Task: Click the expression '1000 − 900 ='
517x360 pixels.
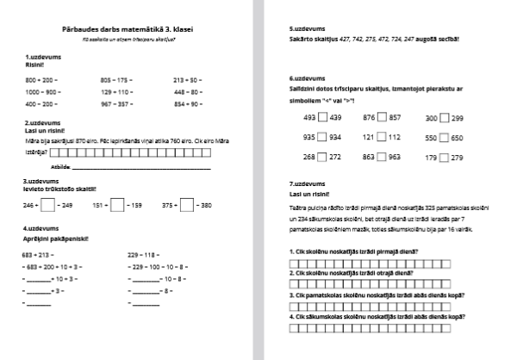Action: tap(44, 90)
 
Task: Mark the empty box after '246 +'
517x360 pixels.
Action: tap(48, 205)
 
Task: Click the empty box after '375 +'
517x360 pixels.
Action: tap(189, 205)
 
